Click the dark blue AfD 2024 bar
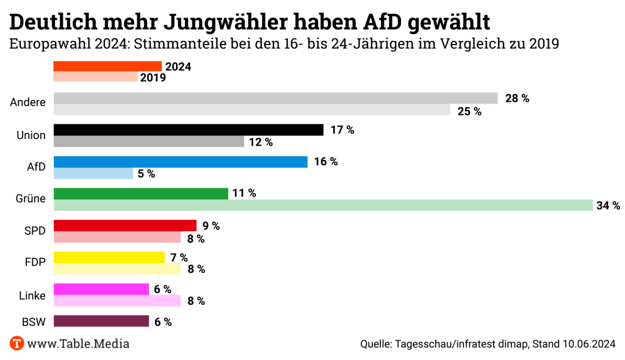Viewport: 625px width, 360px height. (x=181, y=162)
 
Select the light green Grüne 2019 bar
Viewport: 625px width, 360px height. (x=323, y=205)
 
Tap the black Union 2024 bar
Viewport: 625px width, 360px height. (x=189, y=130)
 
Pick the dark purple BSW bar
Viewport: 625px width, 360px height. (x=101, y=321)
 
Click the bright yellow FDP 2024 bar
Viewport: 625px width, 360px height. (x=109, y=257)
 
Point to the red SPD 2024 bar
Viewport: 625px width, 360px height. (x=125, y=225)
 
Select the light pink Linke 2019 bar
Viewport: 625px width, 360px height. (x=117, y=300)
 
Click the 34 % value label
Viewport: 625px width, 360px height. (x=608, y=206)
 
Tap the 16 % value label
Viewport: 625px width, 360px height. (x=326, y=162)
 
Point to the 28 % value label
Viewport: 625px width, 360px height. (x=517, y=98)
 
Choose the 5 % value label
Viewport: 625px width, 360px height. (x=146, y=174)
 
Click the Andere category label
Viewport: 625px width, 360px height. (x=28, y=103)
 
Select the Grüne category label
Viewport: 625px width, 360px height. (x=31, y=198)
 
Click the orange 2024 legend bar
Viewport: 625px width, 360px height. (x=107, y=67)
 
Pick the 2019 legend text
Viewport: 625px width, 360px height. (x=153, y=77)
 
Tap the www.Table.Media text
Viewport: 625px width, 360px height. (x=78, y=344)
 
